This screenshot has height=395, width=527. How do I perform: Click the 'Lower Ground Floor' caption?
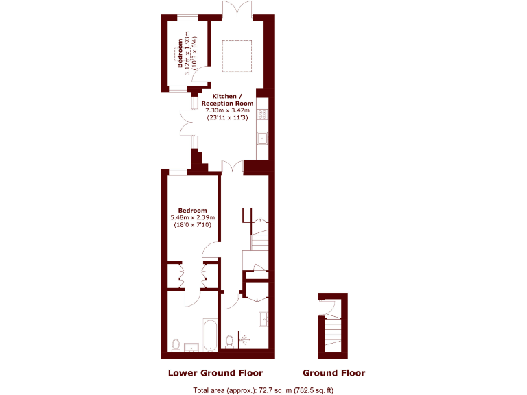point(215,373)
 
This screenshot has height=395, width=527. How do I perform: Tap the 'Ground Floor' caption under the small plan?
point(333,373)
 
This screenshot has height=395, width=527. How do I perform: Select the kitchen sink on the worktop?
point(261,139)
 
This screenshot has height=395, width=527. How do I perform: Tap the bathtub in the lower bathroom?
point(210,335)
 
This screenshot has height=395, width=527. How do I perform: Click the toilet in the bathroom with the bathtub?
point(176,344)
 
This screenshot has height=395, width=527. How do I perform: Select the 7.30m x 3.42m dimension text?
point(229,110)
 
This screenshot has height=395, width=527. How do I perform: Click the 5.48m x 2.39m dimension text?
point(192,217)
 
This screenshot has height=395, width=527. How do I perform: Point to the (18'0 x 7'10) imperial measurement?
point(192,225)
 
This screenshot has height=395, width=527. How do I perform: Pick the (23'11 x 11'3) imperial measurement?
point(229,117)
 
